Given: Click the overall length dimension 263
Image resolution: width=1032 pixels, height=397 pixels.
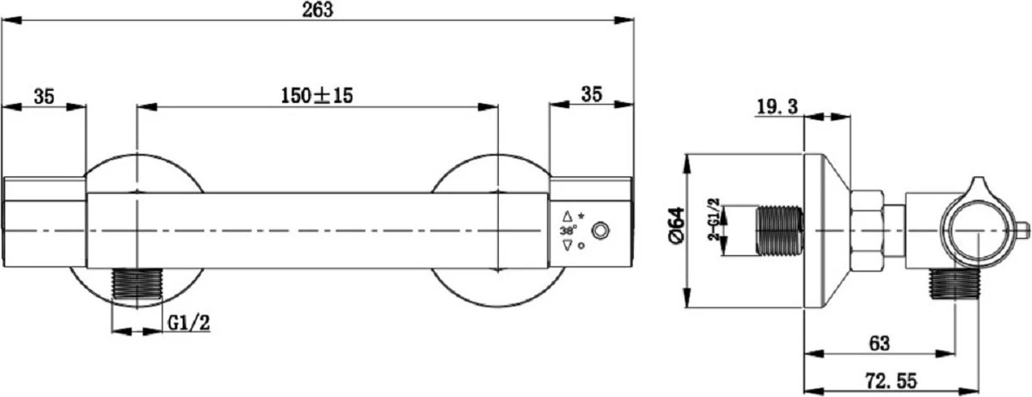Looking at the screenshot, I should click(317, 9).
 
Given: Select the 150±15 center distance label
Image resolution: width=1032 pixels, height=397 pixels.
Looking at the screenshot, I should click(317, 96).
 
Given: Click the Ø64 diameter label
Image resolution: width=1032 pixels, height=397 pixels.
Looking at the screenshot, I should click(676, 231).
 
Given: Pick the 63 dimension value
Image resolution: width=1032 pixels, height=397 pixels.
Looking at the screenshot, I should click(878, 342).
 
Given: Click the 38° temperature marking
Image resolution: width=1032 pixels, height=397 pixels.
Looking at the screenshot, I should click(568, 231).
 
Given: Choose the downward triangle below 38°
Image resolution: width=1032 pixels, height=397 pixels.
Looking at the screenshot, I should click(567, 246).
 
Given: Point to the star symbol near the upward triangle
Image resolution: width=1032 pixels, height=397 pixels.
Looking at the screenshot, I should click(581, 214).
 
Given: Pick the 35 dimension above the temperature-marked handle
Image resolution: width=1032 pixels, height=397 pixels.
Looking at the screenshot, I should click(591, 96).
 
